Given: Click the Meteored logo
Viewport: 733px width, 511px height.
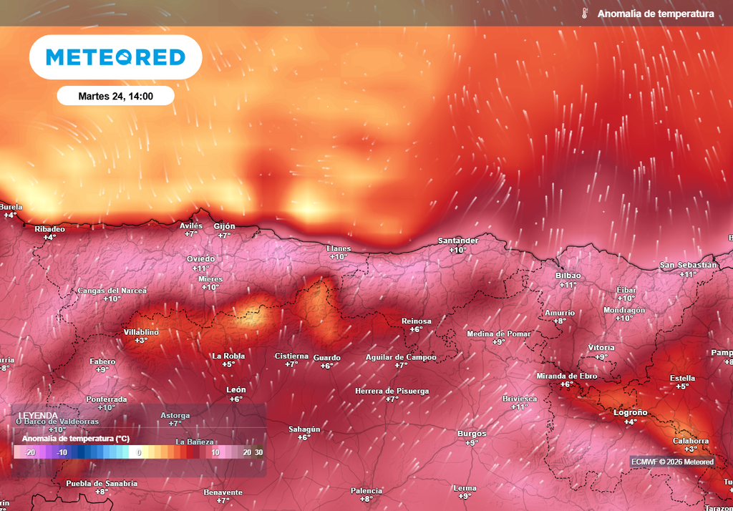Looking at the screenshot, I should pyautogui.click(x=115, y=57).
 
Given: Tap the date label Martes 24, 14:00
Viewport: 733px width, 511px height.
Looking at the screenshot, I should pyautogui.click(x=115, y=95).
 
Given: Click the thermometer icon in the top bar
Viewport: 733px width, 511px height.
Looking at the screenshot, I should pyautogui.click(x=584, y=14).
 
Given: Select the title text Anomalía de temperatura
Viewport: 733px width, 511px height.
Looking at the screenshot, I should pyautogui.click(x=655, y=14).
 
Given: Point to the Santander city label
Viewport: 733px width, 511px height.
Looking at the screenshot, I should pyautogui.click(x=458, y=240).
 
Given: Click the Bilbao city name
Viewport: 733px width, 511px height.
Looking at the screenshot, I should pyautogui.click(x=568, y=276).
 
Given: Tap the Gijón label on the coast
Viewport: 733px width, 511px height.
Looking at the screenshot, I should pyautogui.click(x=224, y=225).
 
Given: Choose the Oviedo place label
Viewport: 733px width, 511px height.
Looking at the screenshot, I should pyautogui.click(x=200, y=258).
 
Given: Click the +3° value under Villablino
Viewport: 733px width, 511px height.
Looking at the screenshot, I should pyautogui.click(x=141, y=341).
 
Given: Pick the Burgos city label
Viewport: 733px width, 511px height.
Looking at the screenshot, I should pyautogui.click(x=471, y=433).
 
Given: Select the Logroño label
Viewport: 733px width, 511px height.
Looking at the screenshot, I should pyautogui.click(x=631, y=412).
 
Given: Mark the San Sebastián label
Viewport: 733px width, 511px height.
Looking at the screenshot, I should pyautogui.click(x=688, y=265).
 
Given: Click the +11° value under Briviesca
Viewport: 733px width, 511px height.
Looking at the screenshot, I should pyautogui.click(x=520, y=407).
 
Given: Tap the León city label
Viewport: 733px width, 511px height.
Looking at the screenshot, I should pyautogui.click(x=236, y=389).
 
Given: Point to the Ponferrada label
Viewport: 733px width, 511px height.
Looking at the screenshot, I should pyautogui.click(x=106, y=399).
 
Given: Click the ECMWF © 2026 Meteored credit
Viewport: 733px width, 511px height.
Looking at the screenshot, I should pyautogui.click(x=672, y=462).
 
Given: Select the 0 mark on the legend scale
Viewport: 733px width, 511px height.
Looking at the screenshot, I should pyautogui.click(x=140, y=452).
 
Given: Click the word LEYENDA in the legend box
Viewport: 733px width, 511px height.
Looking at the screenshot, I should pyautogui.click(x=39, y=415).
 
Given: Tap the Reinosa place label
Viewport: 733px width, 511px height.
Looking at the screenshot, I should pyautogui.click(x=416, y=321).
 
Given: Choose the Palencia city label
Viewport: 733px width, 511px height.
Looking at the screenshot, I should pyautogui.click(x=366, y=490).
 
